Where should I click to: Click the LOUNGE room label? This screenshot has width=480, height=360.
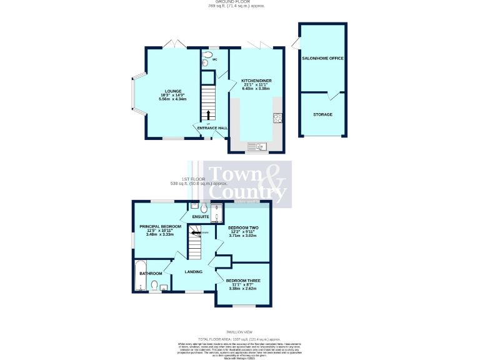(x=168, y=91)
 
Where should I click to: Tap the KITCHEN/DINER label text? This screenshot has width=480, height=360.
(x=256, y=81)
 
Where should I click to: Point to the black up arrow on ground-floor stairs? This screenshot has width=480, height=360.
(x=209, y=114)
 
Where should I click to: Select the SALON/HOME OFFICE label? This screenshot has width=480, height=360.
(x=322, y=58)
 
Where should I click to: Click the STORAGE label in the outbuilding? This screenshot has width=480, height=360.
(x=322, y=114)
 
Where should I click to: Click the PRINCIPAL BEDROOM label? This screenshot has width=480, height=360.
(x=160, y=226)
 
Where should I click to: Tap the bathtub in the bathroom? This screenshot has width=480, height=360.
(x=139, y=276)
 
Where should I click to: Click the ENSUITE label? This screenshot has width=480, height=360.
(x=201, y=217)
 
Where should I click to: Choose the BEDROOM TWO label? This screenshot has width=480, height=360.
(x=243, y=227)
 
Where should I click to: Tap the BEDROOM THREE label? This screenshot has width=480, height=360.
(x=243, y=281)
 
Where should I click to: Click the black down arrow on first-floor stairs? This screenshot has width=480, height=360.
(x=197, y=232)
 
